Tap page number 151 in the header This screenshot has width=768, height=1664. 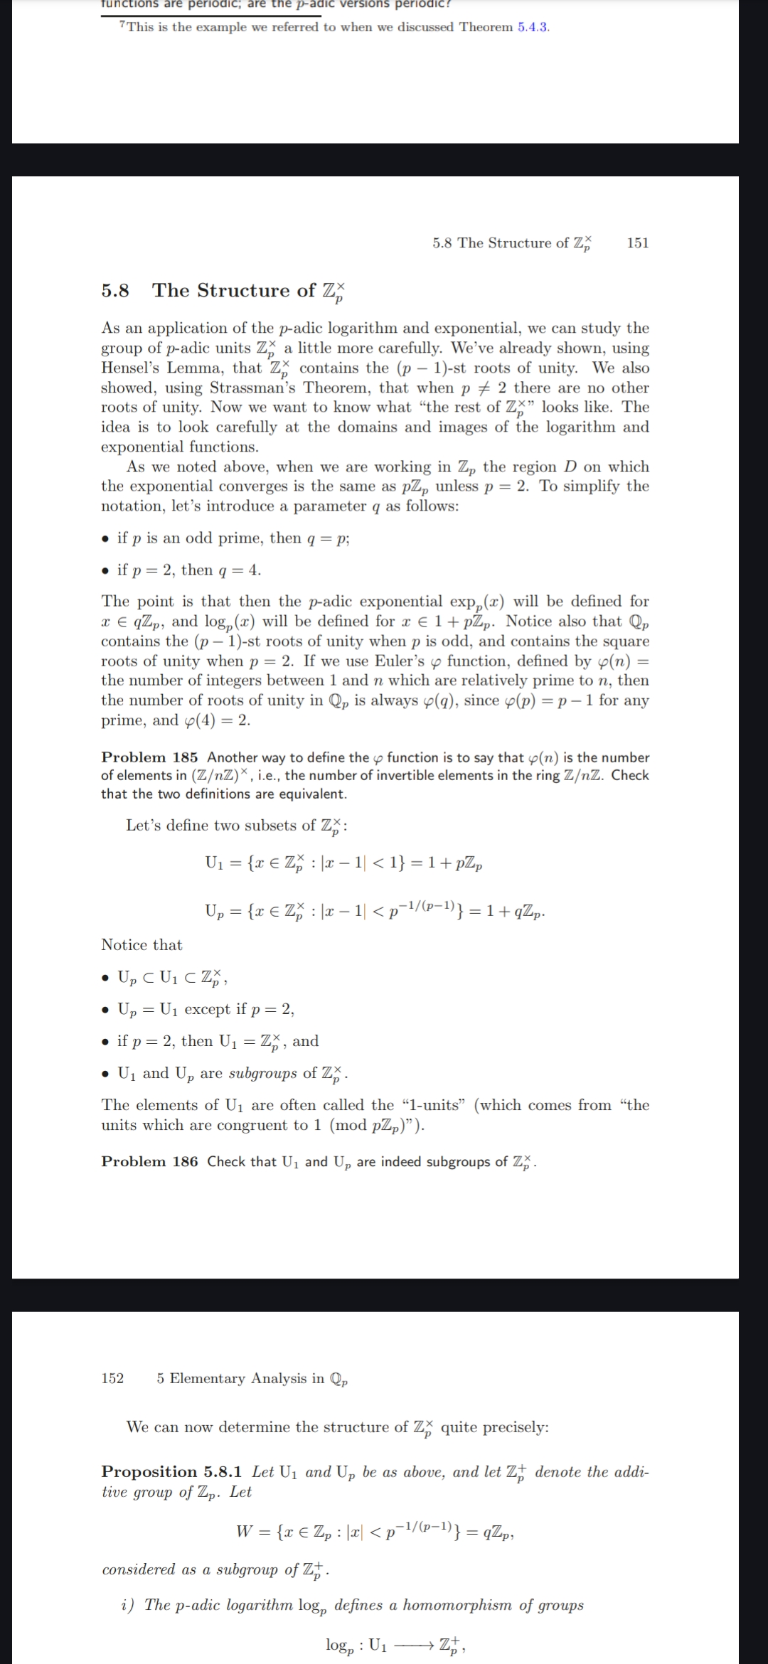coord(637,243)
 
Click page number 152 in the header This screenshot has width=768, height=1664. coord(112,1378)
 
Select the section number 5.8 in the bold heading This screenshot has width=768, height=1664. coord(115,290)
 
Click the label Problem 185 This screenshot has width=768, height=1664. coord(149,757)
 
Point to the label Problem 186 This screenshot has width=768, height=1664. coord(149,1161)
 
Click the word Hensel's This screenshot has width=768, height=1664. coord(130,368)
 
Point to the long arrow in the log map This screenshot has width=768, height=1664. coord(413,1645)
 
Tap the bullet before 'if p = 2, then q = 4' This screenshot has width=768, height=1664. coord(105,570)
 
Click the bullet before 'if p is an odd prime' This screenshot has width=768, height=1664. coord(105,538)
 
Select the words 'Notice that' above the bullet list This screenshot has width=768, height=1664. coord(142,945)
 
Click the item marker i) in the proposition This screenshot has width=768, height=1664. coord(128,1605)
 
